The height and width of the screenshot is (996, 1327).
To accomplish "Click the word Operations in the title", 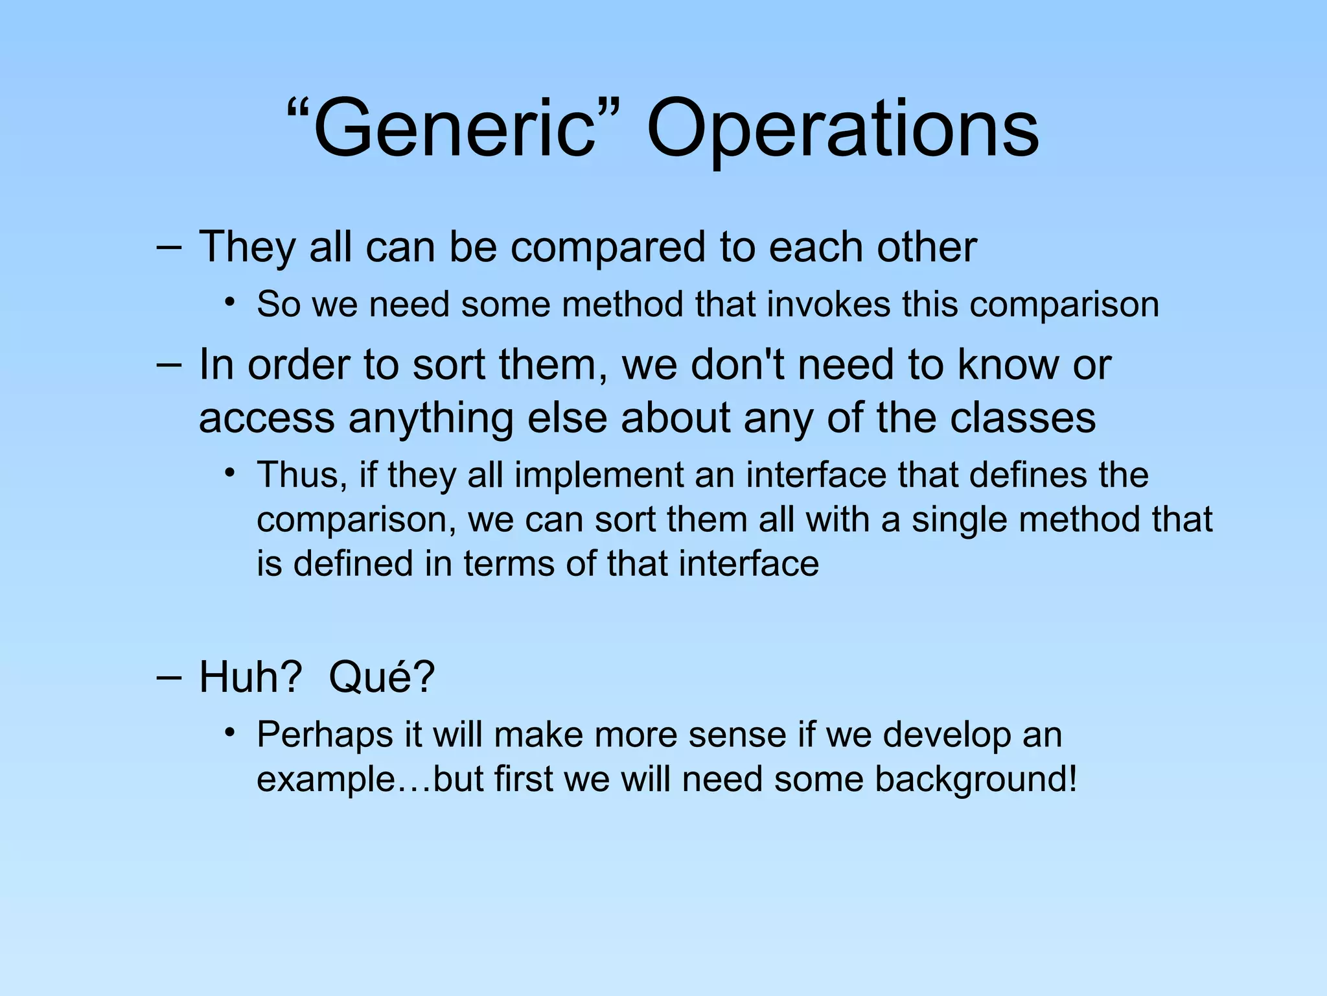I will click(x=842, y=130).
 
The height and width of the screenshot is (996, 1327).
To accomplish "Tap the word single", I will click(x=959, y=520).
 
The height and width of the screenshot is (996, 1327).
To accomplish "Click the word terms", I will click(x=509, y=563).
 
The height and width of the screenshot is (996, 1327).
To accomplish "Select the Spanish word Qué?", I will click(x=382, y=677).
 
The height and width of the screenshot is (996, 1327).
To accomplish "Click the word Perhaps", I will click(x=325, y=735).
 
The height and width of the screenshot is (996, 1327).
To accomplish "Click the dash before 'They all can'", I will click(x=168, y=247).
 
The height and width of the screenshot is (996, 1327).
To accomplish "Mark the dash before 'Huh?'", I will click(x=168, y=677).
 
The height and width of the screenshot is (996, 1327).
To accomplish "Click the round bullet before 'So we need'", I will click(x=229, y=303).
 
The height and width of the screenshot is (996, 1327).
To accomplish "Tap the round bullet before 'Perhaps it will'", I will click(x=229, y=733).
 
